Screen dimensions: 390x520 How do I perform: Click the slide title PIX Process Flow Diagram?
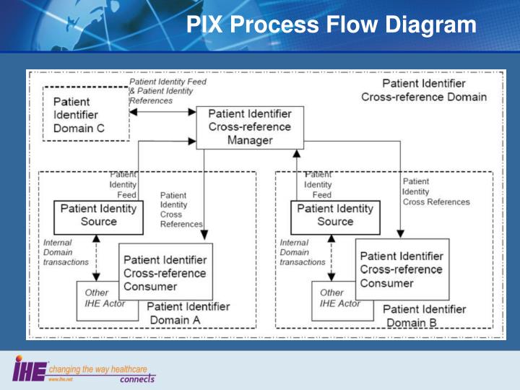click(x=331, y=26)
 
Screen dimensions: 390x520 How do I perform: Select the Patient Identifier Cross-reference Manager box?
click(x=250, y=127)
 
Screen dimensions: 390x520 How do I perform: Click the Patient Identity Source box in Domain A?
click(x=98, y=214)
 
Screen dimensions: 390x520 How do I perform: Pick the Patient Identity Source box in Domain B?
click(x=335, y=214)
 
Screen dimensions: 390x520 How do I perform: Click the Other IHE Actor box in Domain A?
click(x=97, y=299)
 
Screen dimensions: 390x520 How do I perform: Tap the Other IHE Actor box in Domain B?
click(x=334, y=299)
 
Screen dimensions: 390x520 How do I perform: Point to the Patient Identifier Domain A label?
click(x=188, y=313)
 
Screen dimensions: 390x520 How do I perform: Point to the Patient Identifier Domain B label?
click(x=424, y=316)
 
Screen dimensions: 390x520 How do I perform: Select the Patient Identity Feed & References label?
click(x=167, y=91)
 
